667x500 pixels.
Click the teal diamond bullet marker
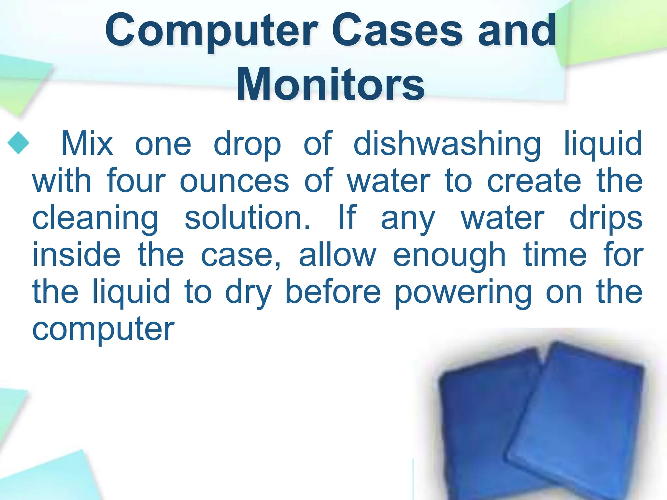pyautogui.click(x=18, y=143)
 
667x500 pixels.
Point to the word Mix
pyautogui.click(x=87, y=144)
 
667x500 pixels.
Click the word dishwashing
pyautogui.click(x=447, y=144)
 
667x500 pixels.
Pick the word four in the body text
pyautogui.click(x=136, y=181)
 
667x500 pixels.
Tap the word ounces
pyautogui.click(x=234, y=181)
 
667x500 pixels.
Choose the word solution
pyautogui.click(x=248, y=217)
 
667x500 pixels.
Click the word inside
pyautogui.click(x=76, y=255)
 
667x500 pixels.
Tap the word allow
pyautogui.click(x=337, y=255)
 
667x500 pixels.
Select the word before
pyautogui.click(x=333, y=291)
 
